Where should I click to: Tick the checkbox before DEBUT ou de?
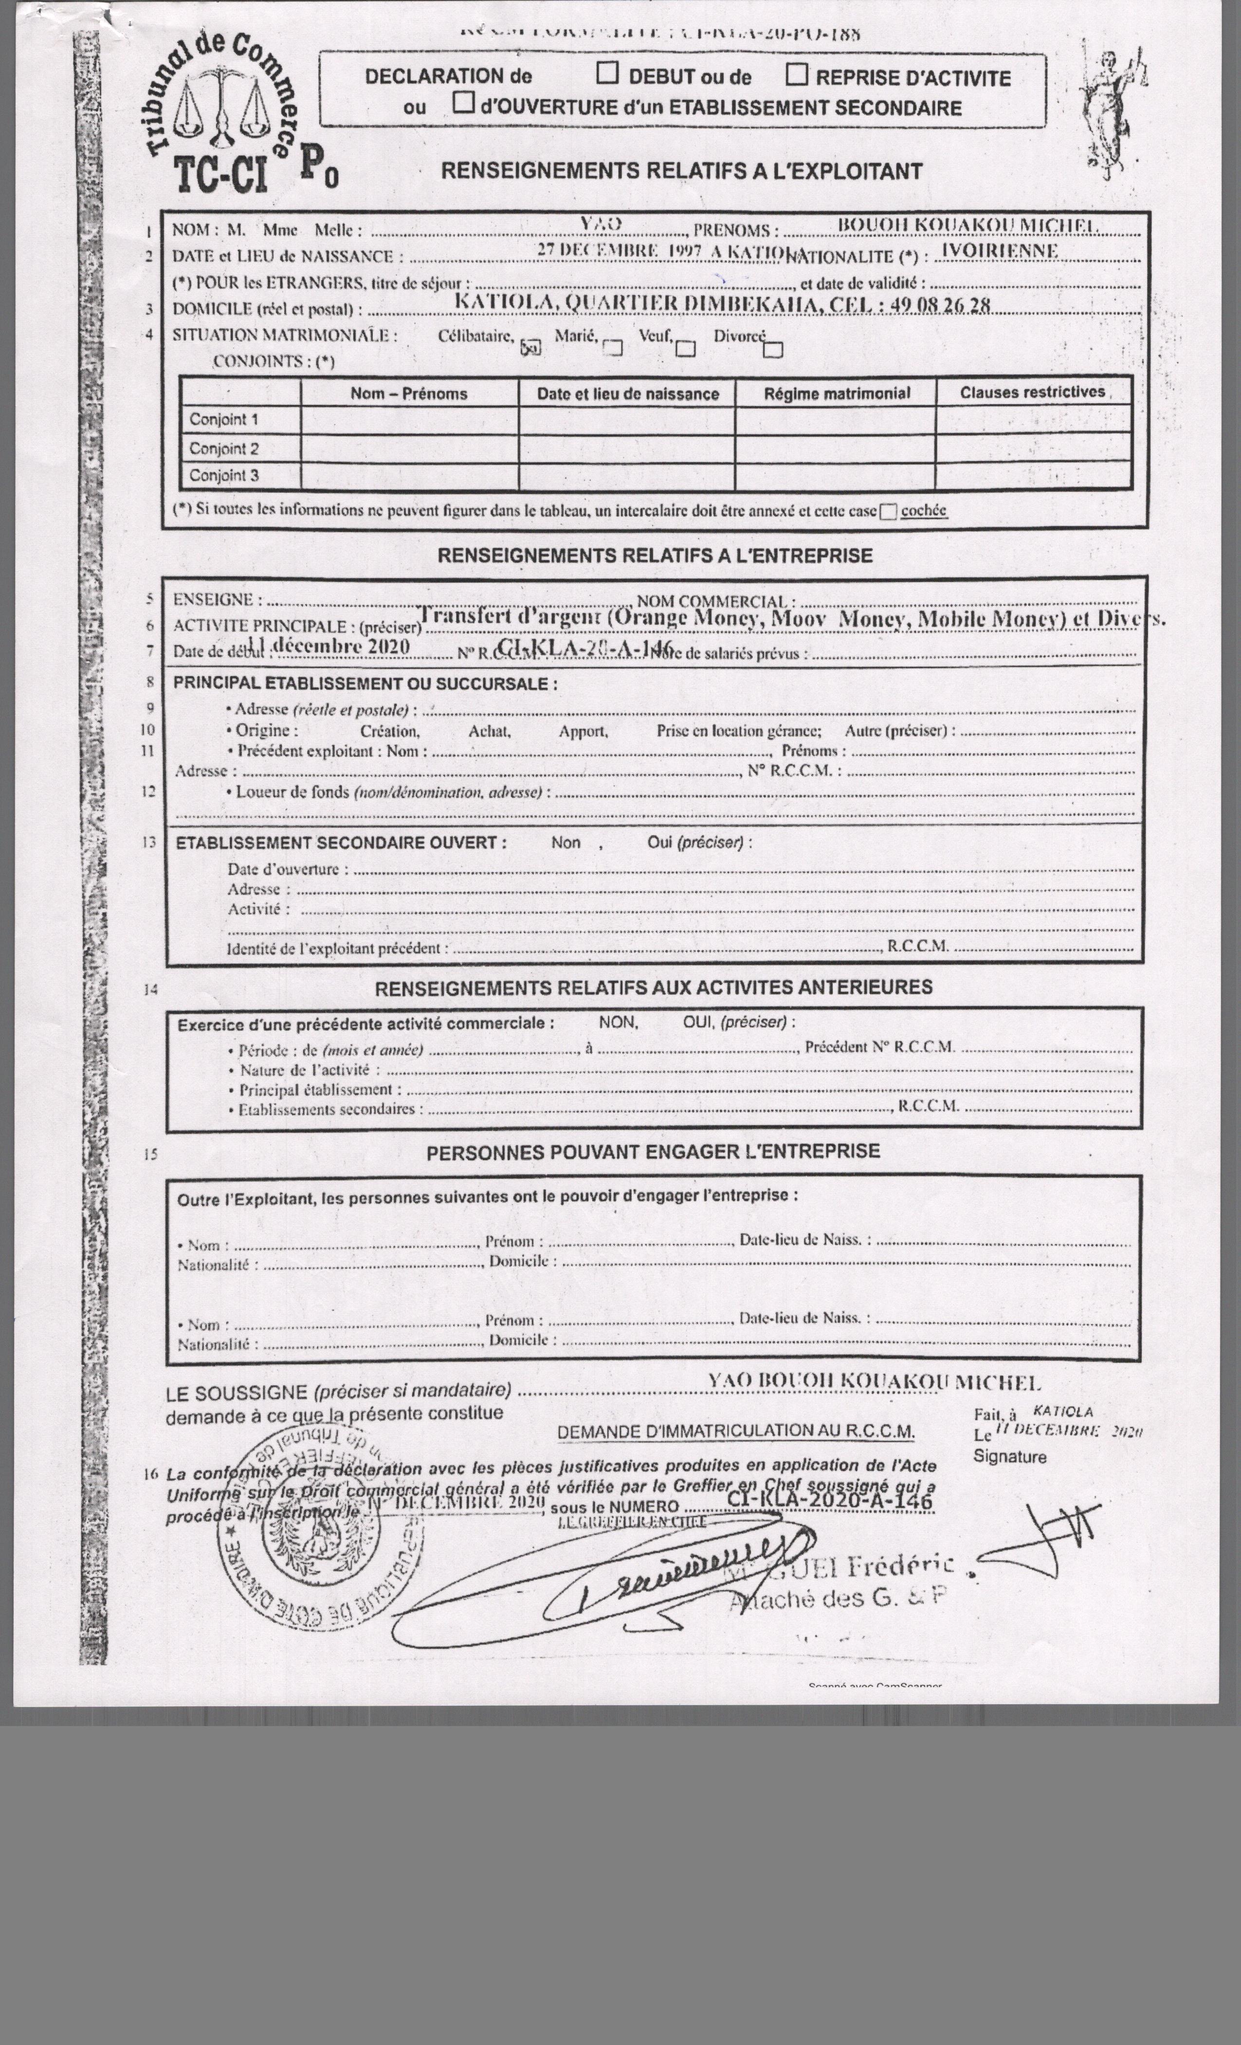pyautogui.click(x=608, y=74)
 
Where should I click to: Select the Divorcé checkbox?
pyautogui.click(x=772, y=350)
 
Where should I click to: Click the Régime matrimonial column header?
pyautogui.click(x=836, y=393)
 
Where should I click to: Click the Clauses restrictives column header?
pyautogui.click(x=1032, y=392)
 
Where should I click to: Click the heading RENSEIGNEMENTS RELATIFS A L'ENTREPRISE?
pyautogui.click(x=655, y=555)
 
